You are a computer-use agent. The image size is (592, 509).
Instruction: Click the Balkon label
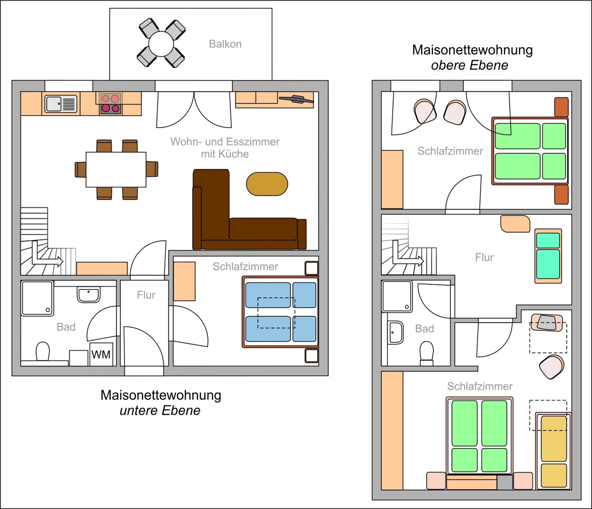tap(225, 44)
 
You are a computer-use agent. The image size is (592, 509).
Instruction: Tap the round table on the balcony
tap(161, 44)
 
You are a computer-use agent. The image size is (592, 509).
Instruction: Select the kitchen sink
tap(61, 104)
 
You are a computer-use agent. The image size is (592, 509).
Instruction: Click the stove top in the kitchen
tap(111, 104)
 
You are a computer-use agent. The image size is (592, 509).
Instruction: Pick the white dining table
tap(116, 169)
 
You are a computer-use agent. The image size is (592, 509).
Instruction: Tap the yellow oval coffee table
tap(267, 184)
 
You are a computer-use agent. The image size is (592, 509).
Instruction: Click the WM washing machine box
tap(101, 354)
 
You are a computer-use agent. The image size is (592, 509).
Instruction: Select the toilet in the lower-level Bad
tap(43, 351)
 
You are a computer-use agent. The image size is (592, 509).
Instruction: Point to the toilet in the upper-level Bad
tap(427, 353)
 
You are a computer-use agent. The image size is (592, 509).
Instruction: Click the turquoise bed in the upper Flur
tap(548, 256)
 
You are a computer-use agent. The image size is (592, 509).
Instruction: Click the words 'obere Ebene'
tap(470, 65)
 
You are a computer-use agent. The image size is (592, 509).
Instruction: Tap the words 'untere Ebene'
tap(160, 411)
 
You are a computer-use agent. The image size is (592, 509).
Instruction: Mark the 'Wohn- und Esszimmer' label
tap(225, 142)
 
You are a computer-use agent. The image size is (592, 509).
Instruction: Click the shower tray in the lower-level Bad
tap(37, 298)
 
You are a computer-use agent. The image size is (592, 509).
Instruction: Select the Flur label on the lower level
tap(146, 295)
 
